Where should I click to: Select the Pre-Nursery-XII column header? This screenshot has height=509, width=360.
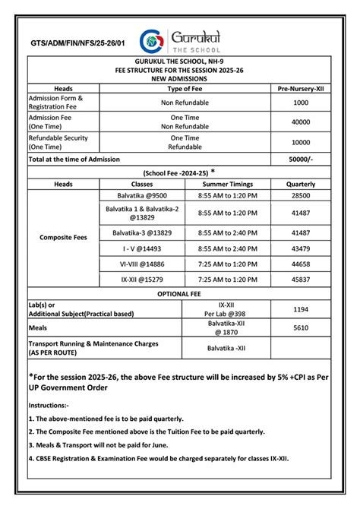301,89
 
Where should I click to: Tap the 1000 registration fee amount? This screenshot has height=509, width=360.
301,103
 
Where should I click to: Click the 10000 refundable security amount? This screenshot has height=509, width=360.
301,143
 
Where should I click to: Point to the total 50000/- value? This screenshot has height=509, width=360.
301,160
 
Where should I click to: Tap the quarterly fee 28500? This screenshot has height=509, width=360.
301,195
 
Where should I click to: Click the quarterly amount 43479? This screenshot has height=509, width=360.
301,248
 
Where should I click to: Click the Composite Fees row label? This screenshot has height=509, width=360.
64,237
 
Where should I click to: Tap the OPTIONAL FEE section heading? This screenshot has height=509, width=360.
179,293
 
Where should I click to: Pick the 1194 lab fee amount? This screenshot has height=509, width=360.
301,310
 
